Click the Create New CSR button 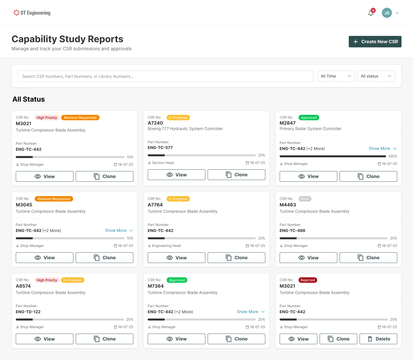pyautogui.click(x=375, y=42)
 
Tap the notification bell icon pyautogui.click(x=371, y=13)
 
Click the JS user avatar pyautogui.click(x=387, y=13)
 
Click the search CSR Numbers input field pyautogui.click(x=165, y=76)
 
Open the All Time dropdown pyautogui.click(x=336, y=76)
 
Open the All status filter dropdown pyautogui.click(x=376, y=76)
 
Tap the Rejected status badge pyautogui.click(x=308, y=280)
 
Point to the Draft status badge pyautogui.click(x=305, y=199)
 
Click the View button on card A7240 pyautogui.click(x=176, y=175)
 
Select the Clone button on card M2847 pyautogui.click(x=368, y=177)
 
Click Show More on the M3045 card pyautogui.click(x=119, y=231)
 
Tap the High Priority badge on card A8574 pyautogui.click(x=47, y=280)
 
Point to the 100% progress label pyautogui.click(x=393, y=156)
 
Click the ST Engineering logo pyautogui.click(x=32, y=13)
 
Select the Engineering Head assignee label pyautogui.click(x=166, y=246)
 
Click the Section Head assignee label pyautogui.click(x=163, y=163)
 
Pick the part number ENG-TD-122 pyautogui.click(x=28, y=312)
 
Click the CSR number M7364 pyautogui.click(x=155, y=286)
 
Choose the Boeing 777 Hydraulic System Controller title pyautogui.click(x=185, y=129)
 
